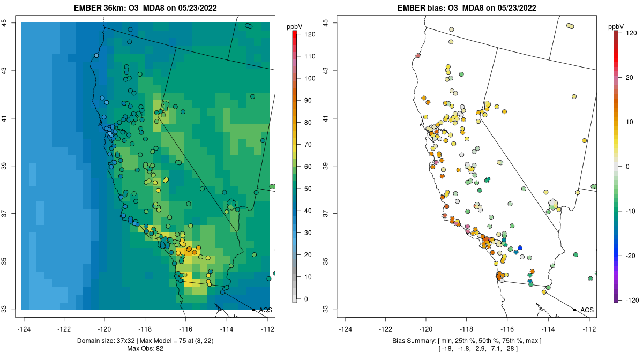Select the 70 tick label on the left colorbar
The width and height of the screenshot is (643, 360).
point(308,144)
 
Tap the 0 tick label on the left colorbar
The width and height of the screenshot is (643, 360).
point(306,299)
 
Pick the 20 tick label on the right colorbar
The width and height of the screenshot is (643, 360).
point(627,78)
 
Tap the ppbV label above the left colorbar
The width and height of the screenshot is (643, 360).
point(294,26)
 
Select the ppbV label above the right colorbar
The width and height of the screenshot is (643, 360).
point(616,26)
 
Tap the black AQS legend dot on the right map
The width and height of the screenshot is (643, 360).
point(574,310)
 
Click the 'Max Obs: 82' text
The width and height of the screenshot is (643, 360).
point(146,349)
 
